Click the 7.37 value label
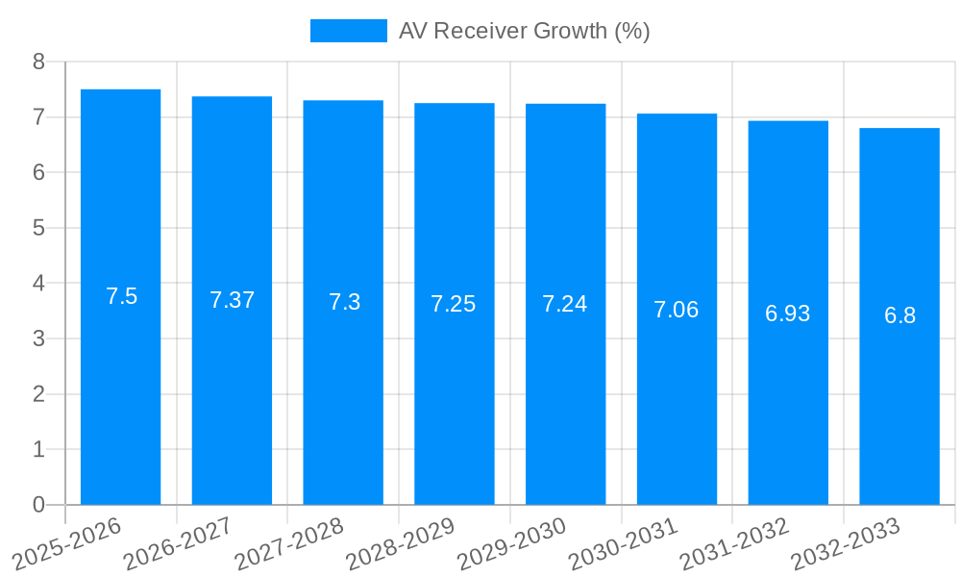coord(232,300)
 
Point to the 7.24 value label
coord(565,304)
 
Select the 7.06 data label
coord(677,310)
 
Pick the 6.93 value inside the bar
coord(788,314)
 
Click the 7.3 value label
coord(343,302)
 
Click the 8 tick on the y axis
coord(38,62)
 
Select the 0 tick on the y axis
coord(38,505)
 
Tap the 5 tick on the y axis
coord(38,228)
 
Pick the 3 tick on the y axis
coord(38,339)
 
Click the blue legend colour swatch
coord(348,31)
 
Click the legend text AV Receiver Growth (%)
coord(525,31)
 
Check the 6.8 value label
coord(899,315)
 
